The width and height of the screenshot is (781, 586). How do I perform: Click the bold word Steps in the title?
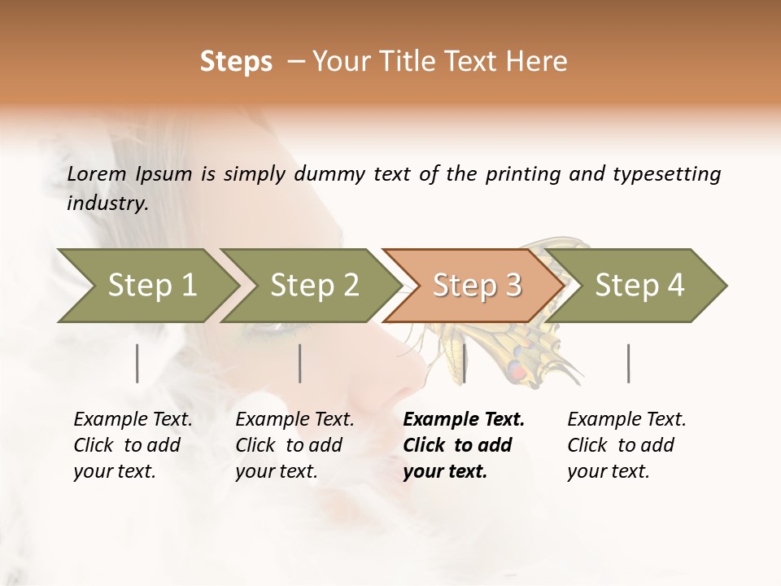(x=236, y=62)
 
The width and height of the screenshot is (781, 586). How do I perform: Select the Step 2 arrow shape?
(x=314, y=285)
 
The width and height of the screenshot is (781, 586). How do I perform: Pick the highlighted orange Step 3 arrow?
(x=477, y=285)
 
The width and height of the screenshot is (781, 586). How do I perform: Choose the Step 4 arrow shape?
(x=639, y=285)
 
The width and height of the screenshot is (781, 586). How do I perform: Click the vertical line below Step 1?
(x=137, y=363)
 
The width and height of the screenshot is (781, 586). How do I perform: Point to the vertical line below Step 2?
(x=300, y=363)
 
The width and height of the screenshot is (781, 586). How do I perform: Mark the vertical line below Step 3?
(x=464, y=363)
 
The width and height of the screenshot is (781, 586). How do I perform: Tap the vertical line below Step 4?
(x=629, y=363)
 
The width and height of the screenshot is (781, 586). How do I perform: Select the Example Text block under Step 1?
(x=133, y=445)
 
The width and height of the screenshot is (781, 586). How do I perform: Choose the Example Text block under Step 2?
(x=295, y=445)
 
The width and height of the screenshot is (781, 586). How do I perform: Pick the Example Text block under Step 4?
(x=626, y=445)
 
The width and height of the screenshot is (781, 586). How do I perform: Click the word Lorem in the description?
(x=97, y=173)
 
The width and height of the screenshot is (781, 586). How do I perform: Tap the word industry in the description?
(x=107, y=203)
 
